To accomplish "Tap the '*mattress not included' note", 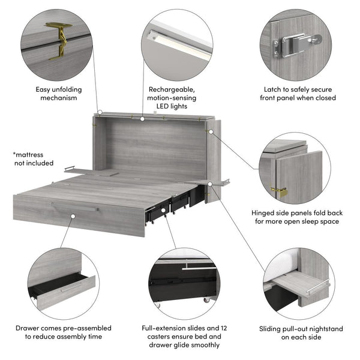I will [33, 158].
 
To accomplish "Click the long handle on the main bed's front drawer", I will [75, 207].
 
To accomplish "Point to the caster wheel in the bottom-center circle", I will [208, 298].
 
